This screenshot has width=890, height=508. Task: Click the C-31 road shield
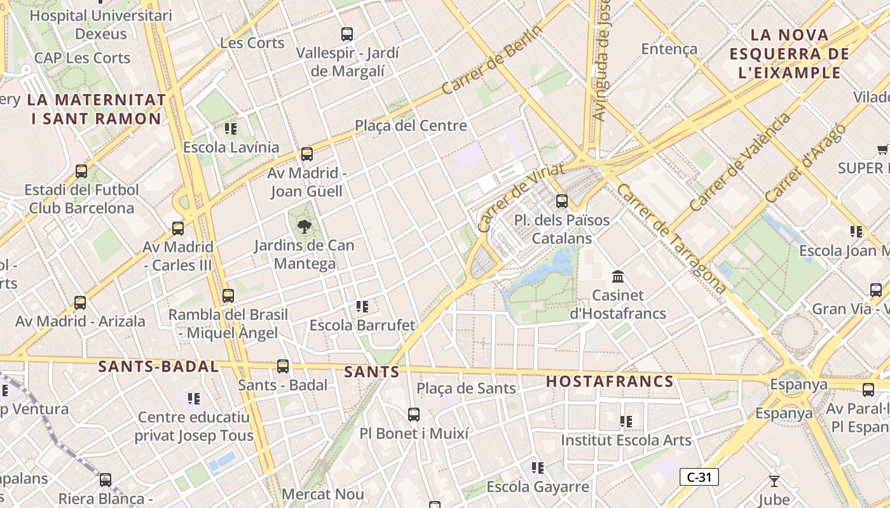click(x=699, y=477)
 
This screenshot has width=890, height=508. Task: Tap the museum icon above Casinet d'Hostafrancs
click(x=617, y=276)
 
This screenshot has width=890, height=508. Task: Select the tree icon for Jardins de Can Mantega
click(x=305, y=226)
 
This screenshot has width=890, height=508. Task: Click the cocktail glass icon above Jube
click(x=774, y=481)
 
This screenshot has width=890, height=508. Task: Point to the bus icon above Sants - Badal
click(x=283, y=366)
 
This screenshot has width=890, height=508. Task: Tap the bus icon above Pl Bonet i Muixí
click(x=414, y=415)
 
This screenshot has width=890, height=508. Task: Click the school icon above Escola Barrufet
click(x=362, y=307)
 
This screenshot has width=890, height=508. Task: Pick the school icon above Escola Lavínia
click(x=231, y=129)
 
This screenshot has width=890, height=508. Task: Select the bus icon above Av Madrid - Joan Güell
click(x=307, y=154)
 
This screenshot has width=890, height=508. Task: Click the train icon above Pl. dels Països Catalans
click(x=562, y=201)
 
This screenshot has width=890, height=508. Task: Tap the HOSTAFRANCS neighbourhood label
click(x=610, y=382)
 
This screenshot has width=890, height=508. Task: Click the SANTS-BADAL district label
click(x=158, y=366)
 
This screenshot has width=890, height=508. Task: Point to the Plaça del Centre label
click(x=411, y=126)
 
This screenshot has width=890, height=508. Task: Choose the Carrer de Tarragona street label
click(x=671, y=239)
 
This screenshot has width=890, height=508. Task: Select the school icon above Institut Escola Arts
click(x=626, y=421)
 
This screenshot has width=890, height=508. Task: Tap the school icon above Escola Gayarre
click(x=538, y=468)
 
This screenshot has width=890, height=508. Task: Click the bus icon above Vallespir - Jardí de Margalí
click(x=347, y=34)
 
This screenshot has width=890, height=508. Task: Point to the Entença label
click(x=669, y=49)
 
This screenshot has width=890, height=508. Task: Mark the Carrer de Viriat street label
click(x=521, y=197)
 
